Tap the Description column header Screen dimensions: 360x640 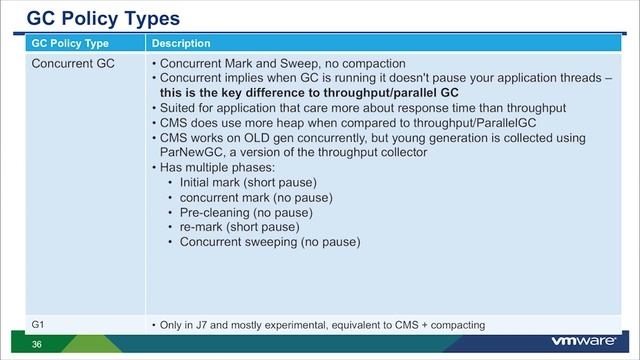coord(181,44)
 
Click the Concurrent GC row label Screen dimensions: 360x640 coord(74,64)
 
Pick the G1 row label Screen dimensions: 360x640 coord(38,324)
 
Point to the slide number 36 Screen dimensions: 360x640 coord(37,344)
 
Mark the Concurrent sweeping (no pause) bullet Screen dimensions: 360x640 coord(269,242)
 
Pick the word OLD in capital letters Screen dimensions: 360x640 coord(257,137)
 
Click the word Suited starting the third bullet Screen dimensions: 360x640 coord(177,107)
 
